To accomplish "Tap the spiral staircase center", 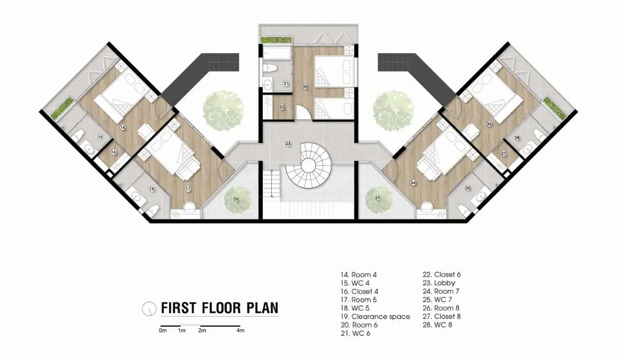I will [x=309, y=165].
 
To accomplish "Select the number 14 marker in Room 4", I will [x=123, y=127].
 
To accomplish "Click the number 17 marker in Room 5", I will [x=188, y=189].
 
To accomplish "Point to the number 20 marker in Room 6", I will [x=305, y=87].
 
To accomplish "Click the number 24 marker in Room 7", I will [x=413, y=183].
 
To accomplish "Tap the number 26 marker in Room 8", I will [x=489, y=124].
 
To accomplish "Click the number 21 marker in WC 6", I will [x=285, y=83].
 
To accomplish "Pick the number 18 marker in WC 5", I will [x=151, y=189].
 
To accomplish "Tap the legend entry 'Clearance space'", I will [x=375, y=317].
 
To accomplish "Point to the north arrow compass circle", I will [x=149, y=308].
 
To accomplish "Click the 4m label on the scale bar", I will [x=240, y=331].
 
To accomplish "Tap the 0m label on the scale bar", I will [x=163, y=331].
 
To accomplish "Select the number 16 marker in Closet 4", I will [x=113, y=152].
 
